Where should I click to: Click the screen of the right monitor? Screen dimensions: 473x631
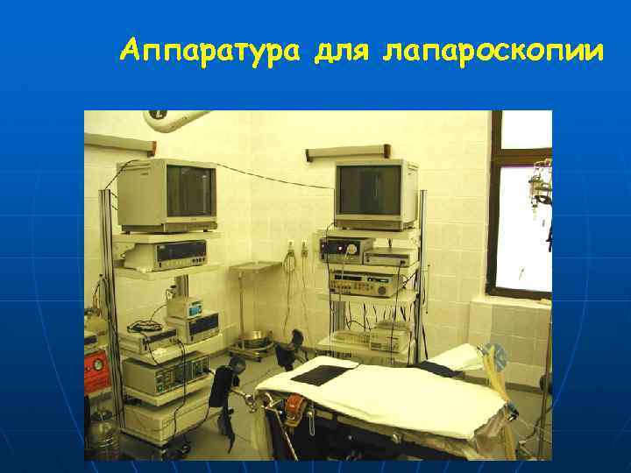tap(370, 190)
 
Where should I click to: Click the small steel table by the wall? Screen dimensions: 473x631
tap(255, 266)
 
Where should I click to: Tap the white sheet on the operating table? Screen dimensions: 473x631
tap(386, 394)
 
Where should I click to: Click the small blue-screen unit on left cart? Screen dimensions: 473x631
tap(186, 308)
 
